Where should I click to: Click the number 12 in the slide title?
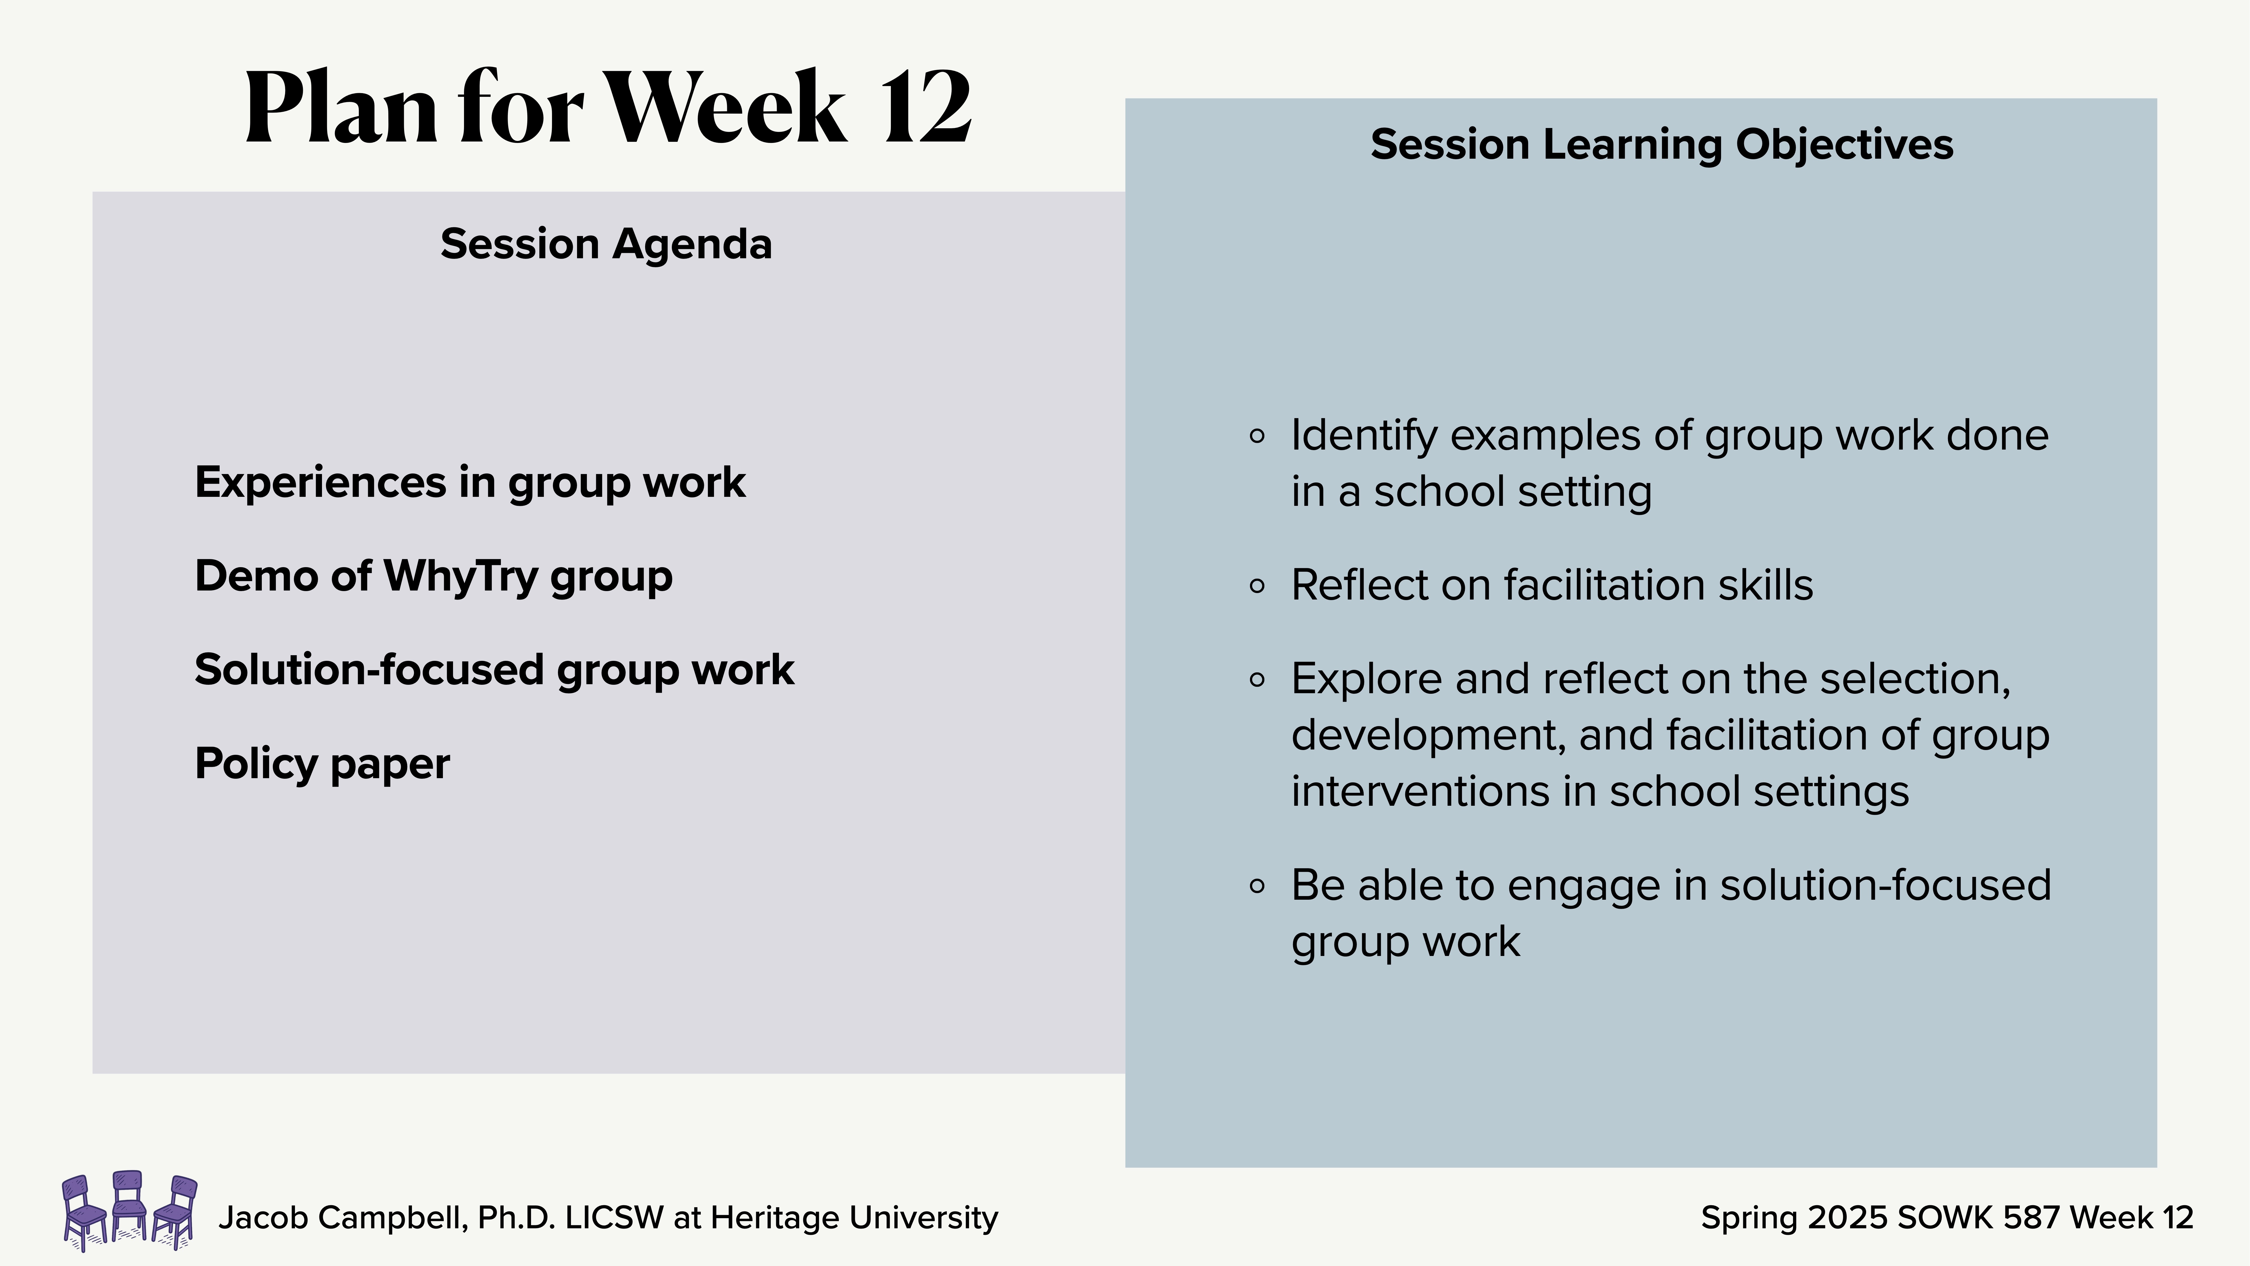(926, 109)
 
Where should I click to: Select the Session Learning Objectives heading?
(1661, 144)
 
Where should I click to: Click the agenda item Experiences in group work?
(470, 482)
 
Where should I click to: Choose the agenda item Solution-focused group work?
(494, 670)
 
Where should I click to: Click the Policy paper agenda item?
(322, 764)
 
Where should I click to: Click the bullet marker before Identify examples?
(1257, 436)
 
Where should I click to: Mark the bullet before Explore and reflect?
(1257, 680)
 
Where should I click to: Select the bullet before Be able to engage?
(1257, 886)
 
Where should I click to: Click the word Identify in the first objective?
(1362, 436)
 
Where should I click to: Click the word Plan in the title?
(341, 109)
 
